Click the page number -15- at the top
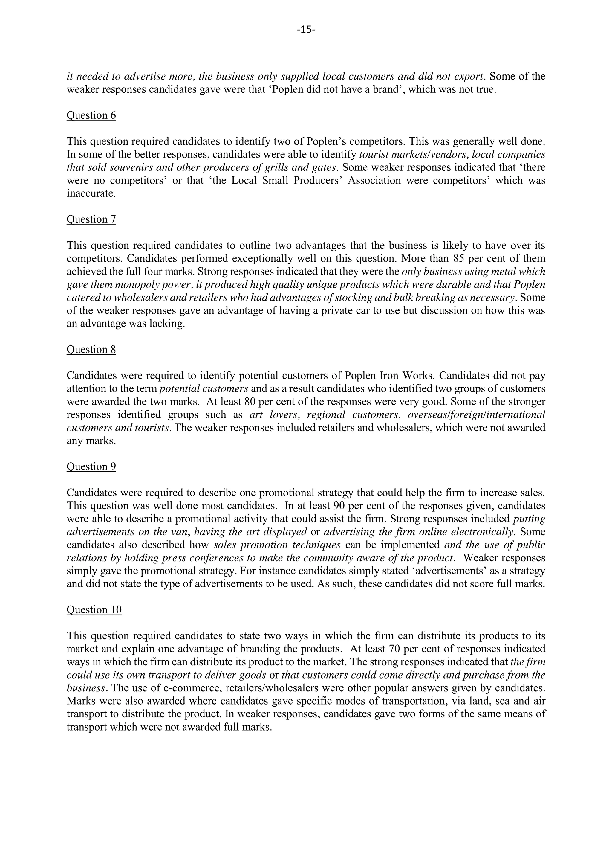pos(306,29)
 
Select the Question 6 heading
pos(91,115)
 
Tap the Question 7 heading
pos(91,219)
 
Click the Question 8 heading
pos(91,349)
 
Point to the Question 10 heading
pos(94,610)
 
